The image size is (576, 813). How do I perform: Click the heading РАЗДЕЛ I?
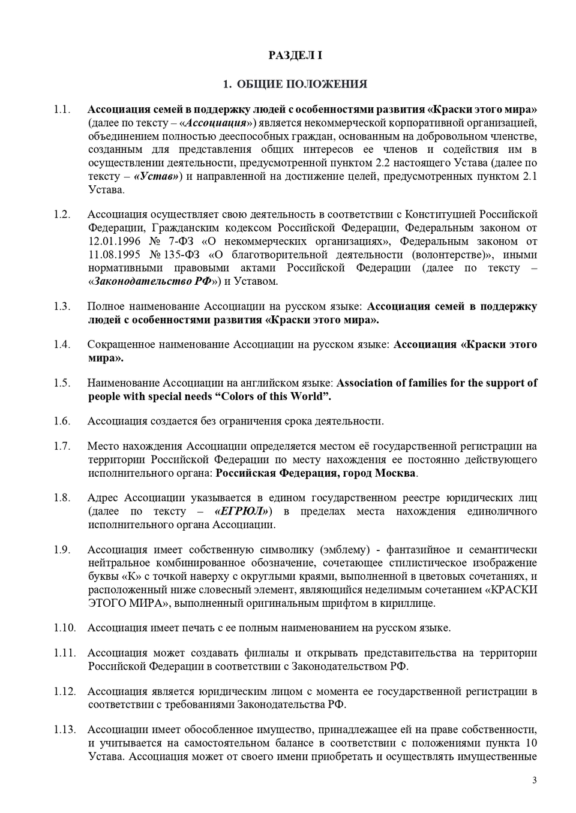tap(295, 55)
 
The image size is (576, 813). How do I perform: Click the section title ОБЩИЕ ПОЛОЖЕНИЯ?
tap(302, 84)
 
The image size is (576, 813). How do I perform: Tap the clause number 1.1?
tap(62, 110)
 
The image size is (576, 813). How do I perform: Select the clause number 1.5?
tap(62, 383)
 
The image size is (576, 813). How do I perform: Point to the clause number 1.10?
tap(64, 628)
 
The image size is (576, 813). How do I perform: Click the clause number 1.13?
tap(64, 730)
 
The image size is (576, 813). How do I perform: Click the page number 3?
tap(534, 780)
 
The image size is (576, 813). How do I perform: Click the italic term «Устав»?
tap(156, 176)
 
